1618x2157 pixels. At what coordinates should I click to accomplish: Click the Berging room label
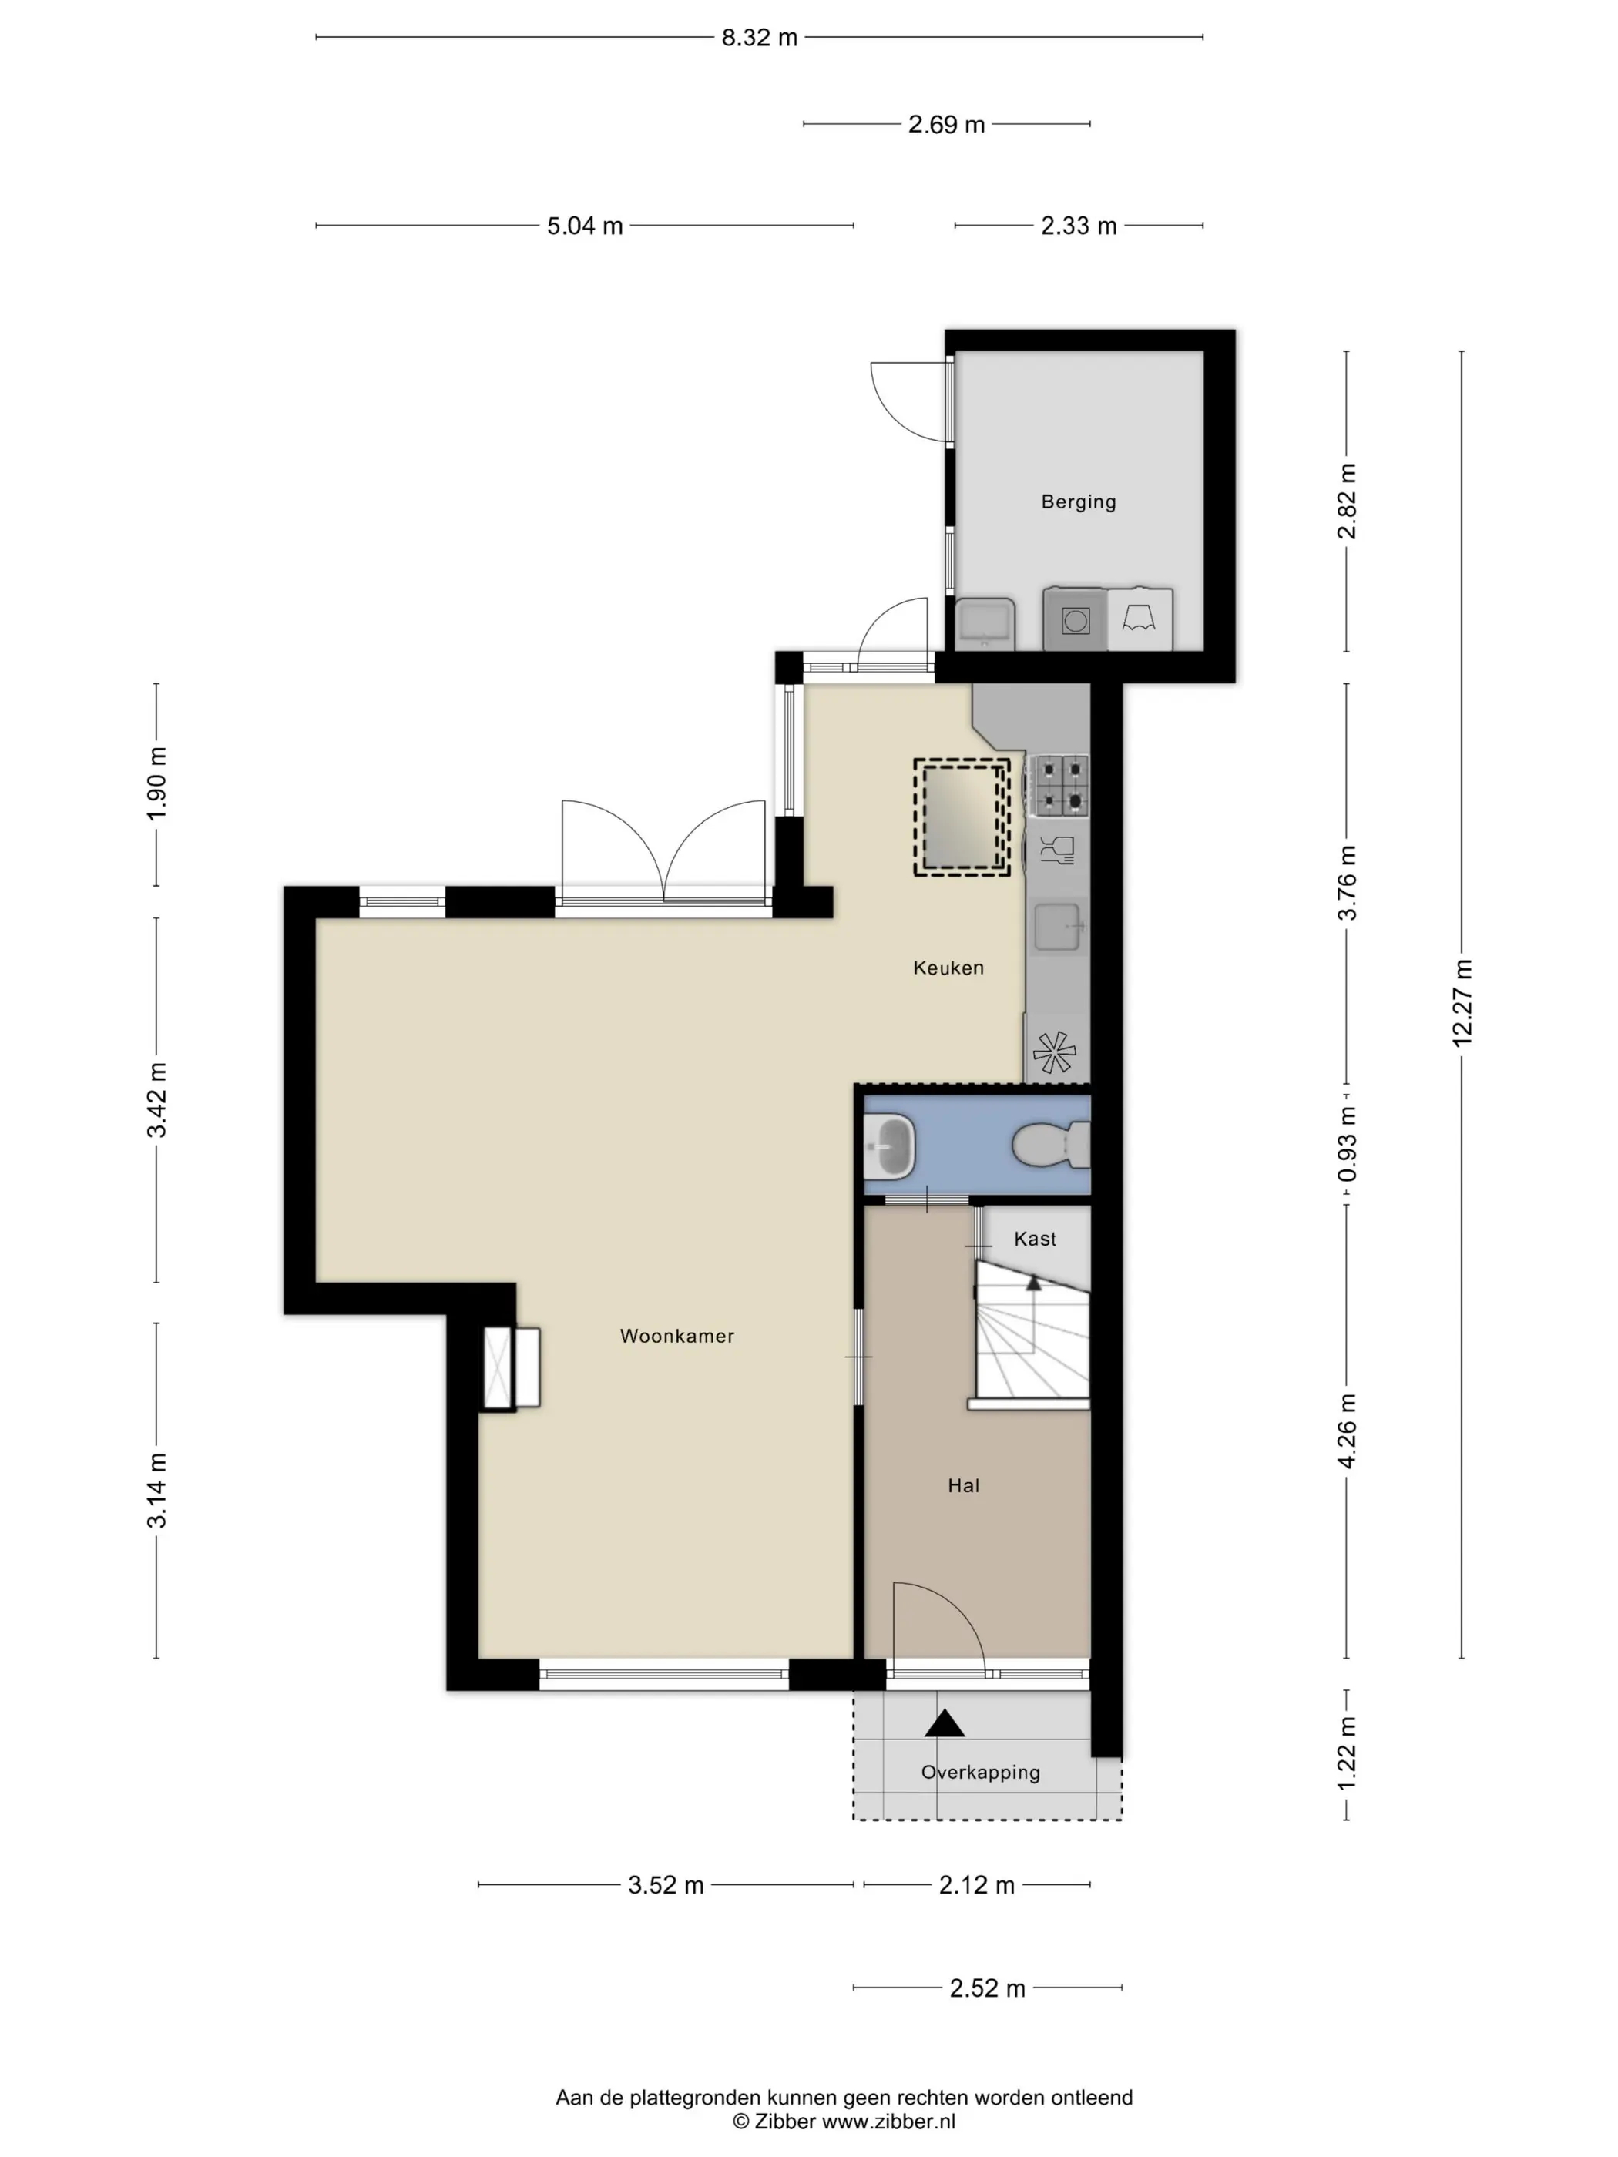click(x=1078, y=502)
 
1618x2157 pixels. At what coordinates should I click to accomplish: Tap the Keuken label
click(x=948, y=968)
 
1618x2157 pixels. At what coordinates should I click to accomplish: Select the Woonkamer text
click(x=676, y=1336)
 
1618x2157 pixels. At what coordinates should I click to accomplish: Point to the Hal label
click(x=964, y=1485)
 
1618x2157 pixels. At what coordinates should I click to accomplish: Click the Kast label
click(x=1035, y=1239)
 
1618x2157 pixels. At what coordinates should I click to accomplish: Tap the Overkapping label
click(x=980, y=1772)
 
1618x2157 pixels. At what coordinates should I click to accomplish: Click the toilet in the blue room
click(x=1050, y=1144)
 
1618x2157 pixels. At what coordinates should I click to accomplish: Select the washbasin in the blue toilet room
click(x=889, y=1146)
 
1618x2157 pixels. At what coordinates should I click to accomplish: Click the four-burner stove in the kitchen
click(x=1060, y=785)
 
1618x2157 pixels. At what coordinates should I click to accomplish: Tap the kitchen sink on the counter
click(x=1058, y=927)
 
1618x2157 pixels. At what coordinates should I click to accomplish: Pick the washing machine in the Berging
click(x=1075, y=619)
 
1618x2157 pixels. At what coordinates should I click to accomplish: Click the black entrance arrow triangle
click(x=944, y=1724)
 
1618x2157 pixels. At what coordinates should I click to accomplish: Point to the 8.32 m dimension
click(x=760, y=38)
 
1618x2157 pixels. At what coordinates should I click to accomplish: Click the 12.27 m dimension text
click(x=1462, y=1004)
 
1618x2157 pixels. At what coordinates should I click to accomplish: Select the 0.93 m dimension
click(x=1347, y=1144)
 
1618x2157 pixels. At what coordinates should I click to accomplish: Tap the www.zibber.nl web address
click(x=888, y=2121)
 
